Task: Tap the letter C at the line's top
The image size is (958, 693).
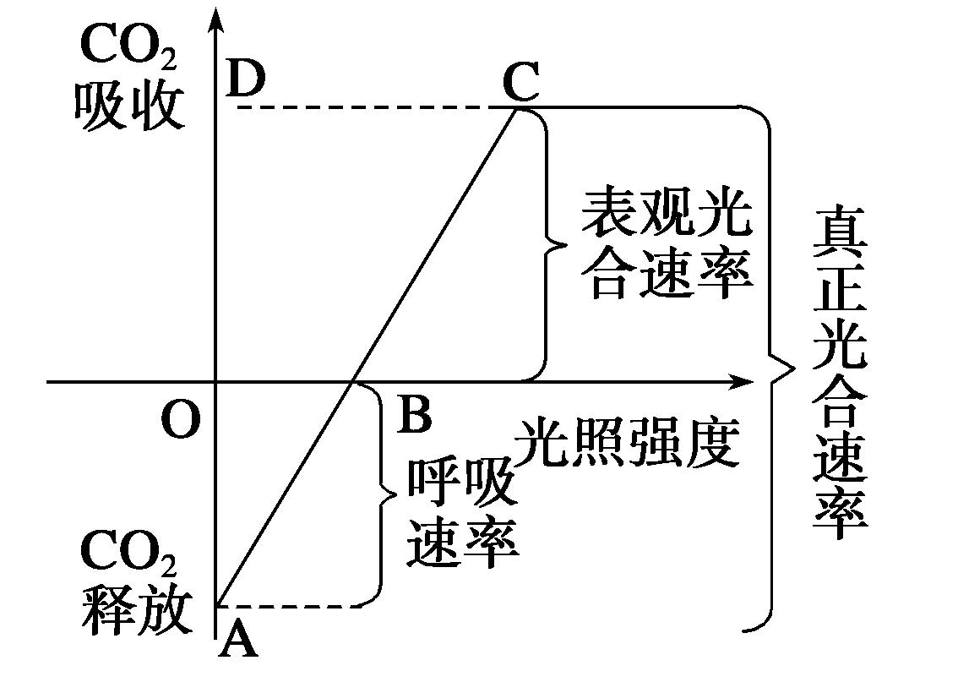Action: pyautogui.click(x=520, y=82)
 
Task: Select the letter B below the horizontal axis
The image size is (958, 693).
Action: pyautogui.click(x=414, y=415)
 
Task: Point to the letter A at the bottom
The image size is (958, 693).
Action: pyautogui.click(x=237, y=644)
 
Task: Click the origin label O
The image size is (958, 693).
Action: pyautogui.click(x=180, y=420)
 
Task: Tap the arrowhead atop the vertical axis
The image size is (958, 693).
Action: pyautogui.click(x=217, y=21)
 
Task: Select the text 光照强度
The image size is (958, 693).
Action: pyautogui.click(x=629, y=442)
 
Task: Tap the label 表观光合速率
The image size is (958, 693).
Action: pyautogui.click(x=666, y=245)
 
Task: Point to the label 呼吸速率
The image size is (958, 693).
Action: pyautogui.click(x=461, y=515)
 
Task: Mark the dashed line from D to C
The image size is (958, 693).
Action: pyautogui.click(x=372, y=107)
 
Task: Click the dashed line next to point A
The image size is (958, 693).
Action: pyautogui.click(x=287, y=606)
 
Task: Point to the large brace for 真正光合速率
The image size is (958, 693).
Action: pyautogui.click(x=773, y=368)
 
